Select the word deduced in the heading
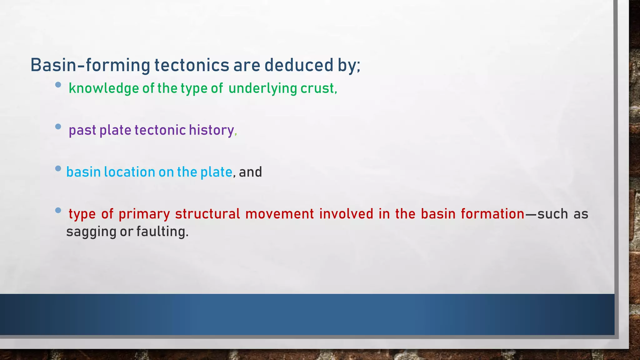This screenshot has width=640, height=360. (x=299, y=65)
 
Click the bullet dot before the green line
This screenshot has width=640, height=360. (x=58, y=85)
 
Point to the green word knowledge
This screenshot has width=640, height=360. (x=104, y=88)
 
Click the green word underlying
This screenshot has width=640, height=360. (x=262, y=88)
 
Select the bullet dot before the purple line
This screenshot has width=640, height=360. (x=58, y=127)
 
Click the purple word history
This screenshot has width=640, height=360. (x=211, y=130)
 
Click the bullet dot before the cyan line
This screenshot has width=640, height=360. (x=58, y=168)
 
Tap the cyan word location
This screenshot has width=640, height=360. (x=129, y=172)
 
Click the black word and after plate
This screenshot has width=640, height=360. (x=250, y=172)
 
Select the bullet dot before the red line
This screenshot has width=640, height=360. (x=58, y=210)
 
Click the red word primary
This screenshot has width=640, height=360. (x=144, y=214)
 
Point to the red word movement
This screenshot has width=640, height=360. (x=279, y=214)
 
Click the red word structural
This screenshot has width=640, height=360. (x=207, y=214)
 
